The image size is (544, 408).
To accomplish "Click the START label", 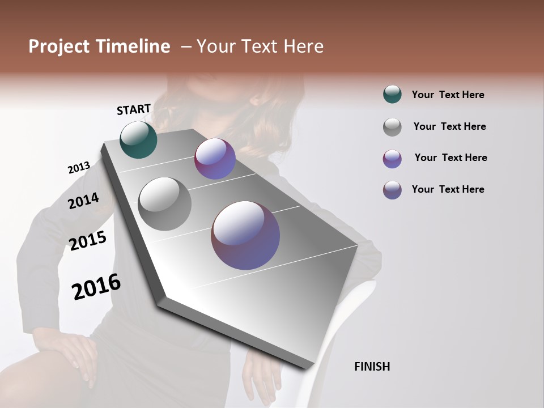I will tap(134, 109).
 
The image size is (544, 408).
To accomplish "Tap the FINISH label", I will tap(372, 367).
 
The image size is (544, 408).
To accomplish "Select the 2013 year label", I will tap(79, 168).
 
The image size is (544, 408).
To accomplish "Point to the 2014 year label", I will tap(83, 201).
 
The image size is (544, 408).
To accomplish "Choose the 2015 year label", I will tap(88, 241).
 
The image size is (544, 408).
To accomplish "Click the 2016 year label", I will tap(96, 287).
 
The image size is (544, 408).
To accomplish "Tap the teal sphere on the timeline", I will tap(138, 139).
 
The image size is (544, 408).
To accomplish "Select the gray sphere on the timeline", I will tap(164, 204).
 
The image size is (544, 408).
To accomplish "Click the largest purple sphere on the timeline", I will tap(245, 235).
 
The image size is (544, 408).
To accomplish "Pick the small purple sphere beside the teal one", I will tap(215, 159).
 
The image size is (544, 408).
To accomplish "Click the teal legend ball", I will tap(392, 95).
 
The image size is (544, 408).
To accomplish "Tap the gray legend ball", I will tap(392, 127).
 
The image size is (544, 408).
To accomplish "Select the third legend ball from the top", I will tap(392, 159).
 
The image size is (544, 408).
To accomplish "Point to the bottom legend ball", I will tap(392, 190).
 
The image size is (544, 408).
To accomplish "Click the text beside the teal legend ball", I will tap(448, 95).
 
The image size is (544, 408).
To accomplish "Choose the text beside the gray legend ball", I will tap(449, 126).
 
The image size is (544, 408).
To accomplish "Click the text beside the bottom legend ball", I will tap(448, 189).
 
